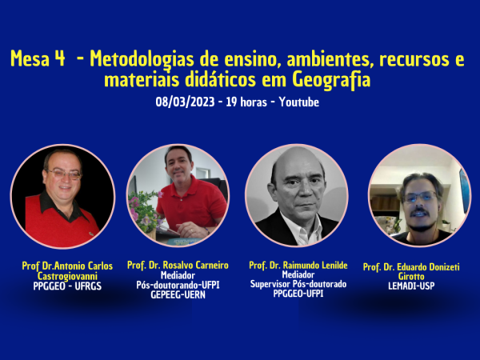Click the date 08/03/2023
(x=185, y=102)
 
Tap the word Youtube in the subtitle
(x=298, y=102)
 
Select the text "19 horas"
(x=246, y=102)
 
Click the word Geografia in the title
(x=331, y=79)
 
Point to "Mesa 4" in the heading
(x=38, y=58)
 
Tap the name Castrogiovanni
(x=67, y=276)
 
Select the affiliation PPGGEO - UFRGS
(x=67, y=286)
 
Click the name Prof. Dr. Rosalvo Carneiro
(x=178, y=265)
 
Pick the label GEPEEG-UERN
(x=178, y=294)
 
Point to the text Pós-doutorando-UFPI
(x=178, y=285)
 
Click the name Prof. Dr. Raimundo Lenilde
(x=298, y=265)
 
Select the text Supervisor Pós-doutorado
(x=298, y=284)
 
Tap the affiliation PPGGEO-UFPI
(x=298, y=294)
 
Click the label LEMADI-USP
(x=411, y=286)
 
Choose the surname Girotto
(x=411, y=276)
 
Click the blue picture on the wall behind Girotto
(x=464, y=190)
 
